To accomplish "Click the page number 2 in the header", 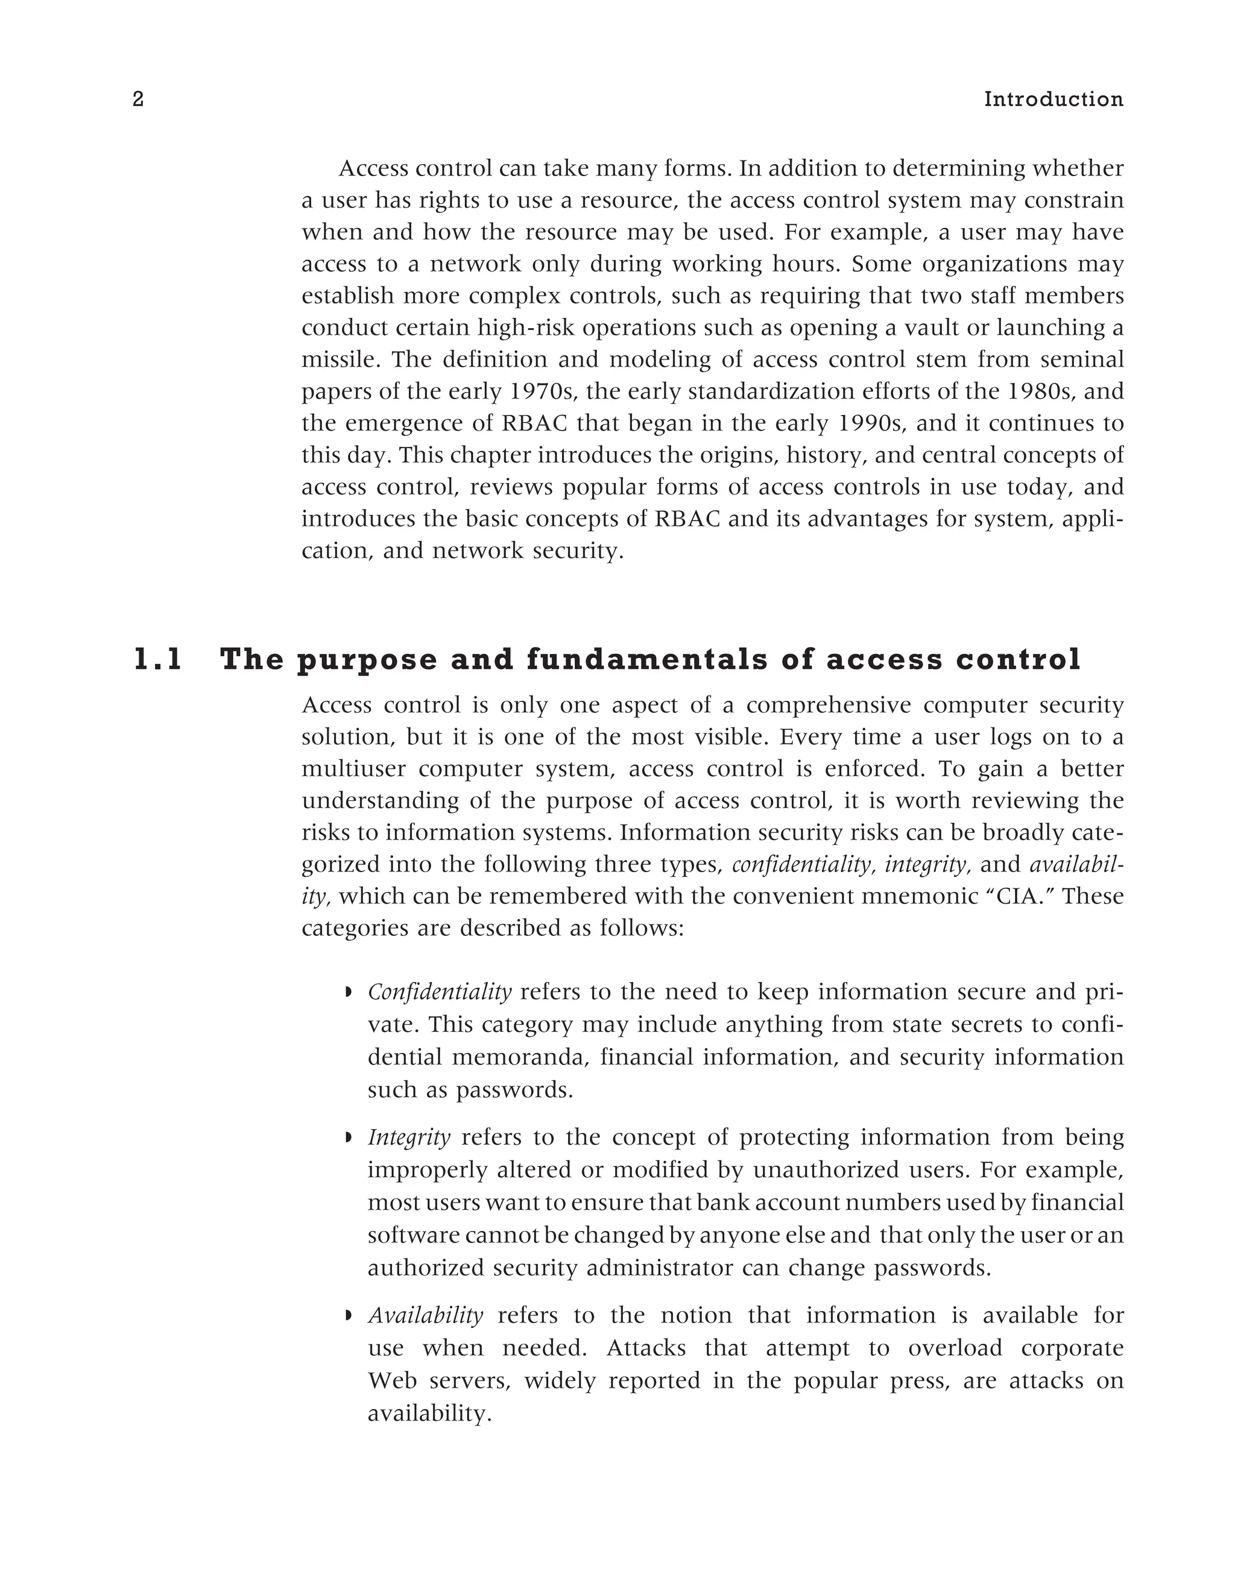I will [138, 100].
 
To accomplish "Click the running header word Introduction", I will [1053, 100].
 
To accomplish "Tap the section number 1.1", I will [158, 659].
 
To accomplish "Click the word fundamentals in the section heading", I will [647, 659].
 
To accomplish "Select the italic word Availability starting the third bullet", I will [425, 1315].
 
